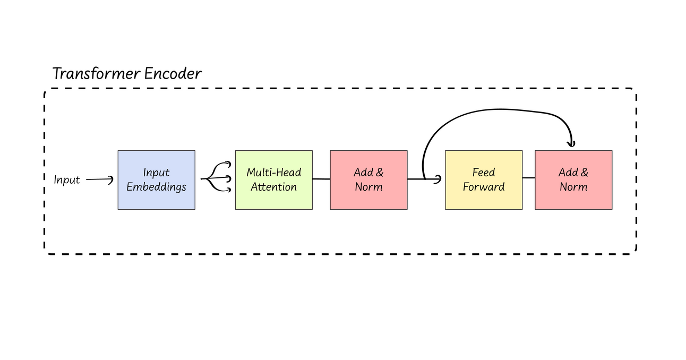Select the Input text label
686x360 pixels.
pyautogui.click(x=67, y=180)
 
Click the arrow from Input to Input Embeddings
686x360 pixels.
pyautogui.click(x=99, y=179)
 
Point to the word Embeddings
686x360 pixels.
pyautogui.click(x=156, y=187)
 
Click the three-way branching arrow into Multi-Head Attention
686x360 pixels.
pyautogui.click(x=216, y=179)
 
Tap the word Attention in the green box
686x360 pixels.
pyautogui.click(x=273, y=187)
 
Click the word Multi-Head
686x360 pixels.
pyautogui.click(x=273, y=173)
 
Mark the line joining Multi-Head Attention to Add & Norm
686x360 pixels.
pyautogui.click(x=321, y=179)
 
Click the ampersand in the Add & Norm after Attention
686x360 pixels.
pyautogui.click(x=379, y=173)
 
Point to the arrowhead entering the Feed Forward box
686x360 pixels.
pyautogui.click(x=438, y=179)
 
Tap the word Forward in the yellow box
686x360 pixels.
pyautogui.click(x=483, y=187)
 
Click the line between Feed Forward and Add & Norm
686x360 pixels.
pyautogui.click(x=528, y=177)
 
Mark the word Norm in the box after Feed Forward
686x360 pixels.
pyautogui.click(x=573, y=187)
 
